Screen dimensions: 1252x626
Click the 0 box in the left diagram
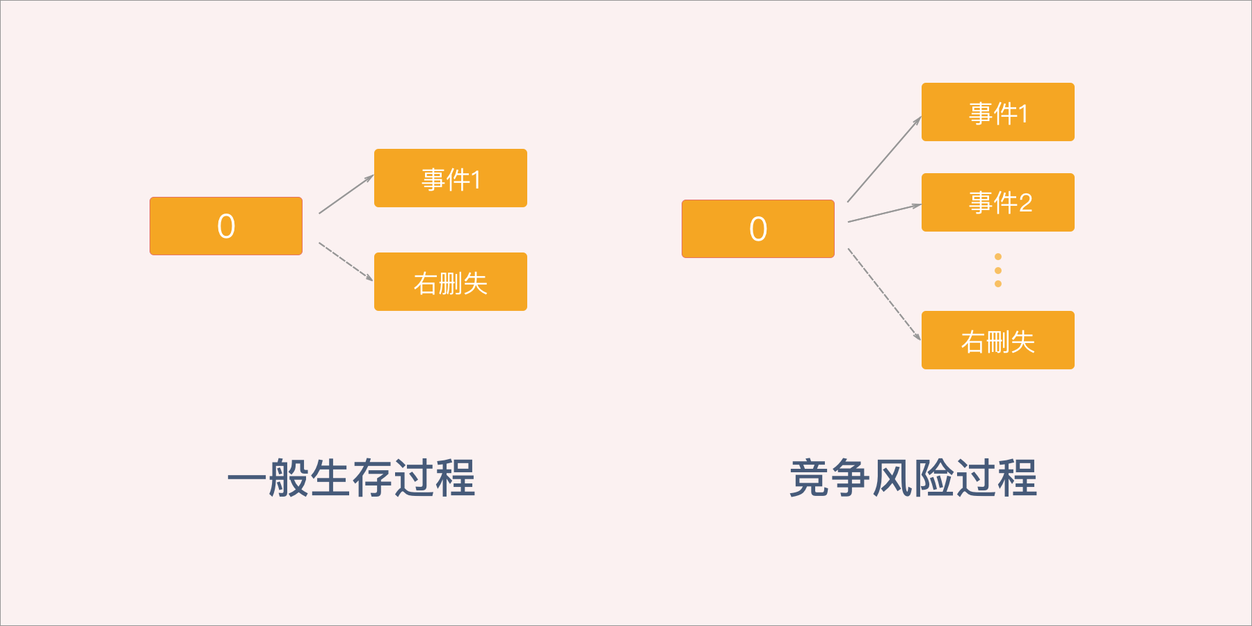point(226,226)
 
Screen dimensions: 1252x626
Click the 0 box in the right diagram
point(758,229)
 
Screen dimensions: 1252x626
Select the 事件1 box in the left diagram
point(451,178)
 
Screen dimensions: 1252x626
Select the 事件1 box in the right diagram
point(998,112)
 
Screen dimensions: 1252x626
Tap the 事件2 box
point(998,202)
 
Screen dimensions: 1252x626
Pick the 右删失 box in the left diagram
point(451,282)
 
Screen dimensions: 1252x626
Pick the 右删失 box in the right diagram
point(998,340)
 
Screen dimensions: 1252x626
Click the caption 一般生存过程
point(351,478)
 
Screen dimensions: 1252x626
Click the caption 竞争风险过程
point(913,478)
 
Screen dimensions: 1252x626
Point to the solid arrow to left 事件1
point(346,194)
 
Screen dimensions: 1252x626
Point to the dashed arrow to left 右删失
point(346,262)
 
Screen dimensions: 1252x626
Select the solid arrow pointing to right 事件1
point(884,159)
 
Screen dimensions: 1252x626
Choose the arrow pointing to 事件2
point(885,213)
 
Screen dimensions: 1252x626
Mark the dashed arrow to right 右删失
point(884,294)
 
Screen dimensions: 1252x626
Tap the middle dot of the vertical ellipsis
point(998,271)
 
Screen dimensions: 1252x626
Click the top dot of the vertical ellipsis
point(998,257)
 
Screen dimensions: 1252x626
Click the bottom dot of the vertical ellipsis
point(998,284)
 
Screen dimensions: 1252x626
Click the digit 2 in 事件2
point(1025,203)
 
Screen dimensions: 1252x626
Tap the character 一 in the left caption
point(247,478)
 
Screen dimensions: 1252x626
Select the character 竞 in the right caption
point(809,478)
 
